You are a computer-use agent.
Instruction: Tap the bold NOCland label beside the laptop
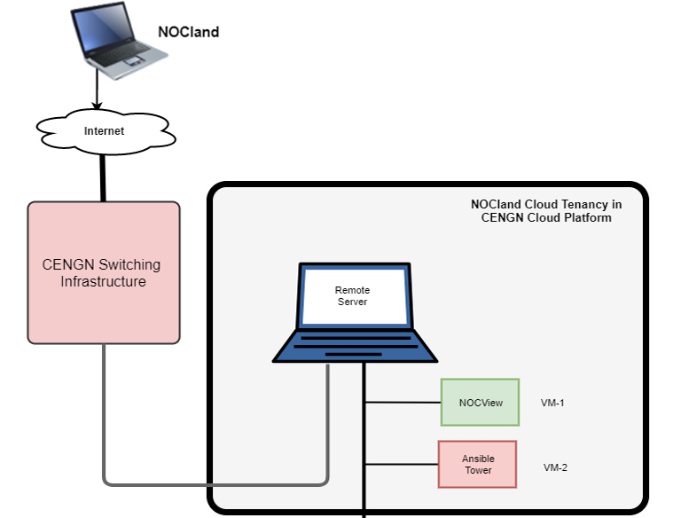(188, 32)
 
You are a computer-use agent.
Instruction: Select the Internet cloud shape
(105, 131)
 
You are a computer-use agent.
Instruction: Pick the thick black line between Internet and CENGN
(103, 177)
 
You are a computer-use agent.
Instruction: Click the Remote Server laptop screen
(353, 296)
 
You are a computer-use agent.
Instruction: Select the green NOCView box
(480, 403)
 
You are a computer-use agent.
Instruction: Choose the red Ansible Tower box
(477, 464)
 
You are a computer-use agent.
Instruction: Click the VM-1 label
(552, 403)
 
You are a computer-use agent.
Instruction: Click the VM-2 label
(555, 467)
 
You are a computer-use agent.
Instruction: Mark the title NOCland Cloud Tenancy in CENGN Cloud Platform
(545, 210)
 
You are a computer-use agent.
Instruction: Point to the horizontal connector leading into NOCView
(403, 402)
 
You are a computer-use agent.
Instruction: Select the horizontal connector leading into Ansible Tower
(401, 464)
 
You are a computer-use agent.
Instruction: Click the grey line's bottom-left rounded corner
(108, 480)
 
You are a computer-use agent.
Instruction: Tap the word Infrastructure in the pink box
(103, 282)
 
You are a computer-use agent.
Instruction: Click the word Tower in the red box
(478, 470)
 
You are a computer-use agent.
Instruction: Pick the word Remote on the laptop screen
(352, 290)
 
